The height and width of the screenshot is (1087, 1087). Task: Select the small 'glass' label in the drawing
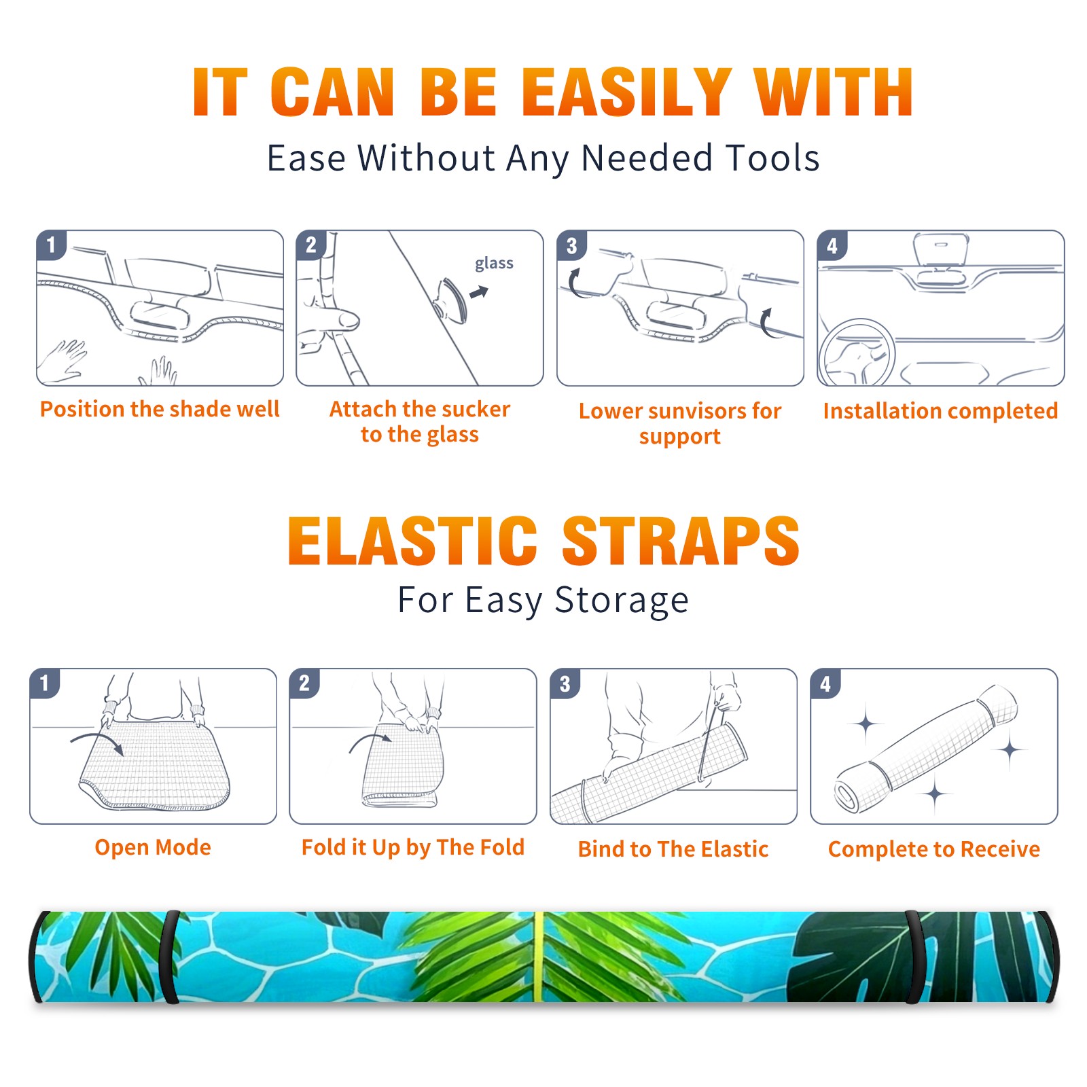pos(494,264)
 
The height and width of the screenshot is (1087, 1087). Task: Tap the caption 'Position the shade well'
pos(160,409)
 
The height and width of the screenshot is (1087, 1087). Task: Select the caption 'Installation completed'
pos(940,411)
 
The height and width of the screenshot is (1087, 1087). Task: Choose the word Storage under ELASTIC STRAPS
pos(622,601)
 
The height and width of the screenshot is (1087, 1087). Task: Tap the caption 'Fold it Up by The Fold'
pos(413,848)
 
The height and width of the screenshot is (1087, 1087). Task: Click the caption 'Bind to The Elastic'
pos(673,849)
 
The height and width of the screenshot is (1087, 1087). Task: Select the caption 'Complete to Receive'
pos(934,849)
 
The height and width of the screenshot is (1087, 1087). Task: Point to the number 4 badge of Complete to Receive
pos(825,684)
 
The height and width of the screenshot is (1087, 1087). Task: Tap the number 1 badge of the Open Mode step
pos(45,683)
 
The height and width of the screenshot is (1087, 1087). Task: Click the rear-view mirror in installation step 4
pos(941,249)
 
